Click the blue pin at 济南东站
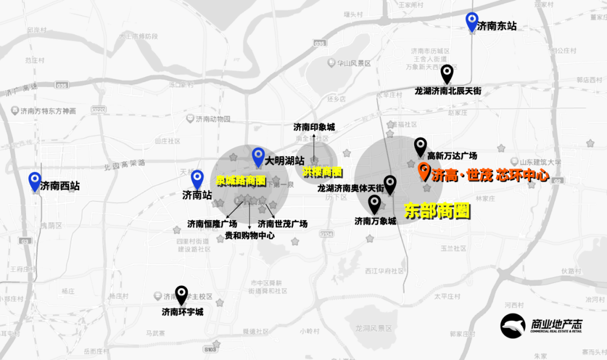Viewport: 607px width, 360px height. [x=472, y=22]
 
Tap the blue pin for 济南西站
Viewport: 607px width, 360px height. [x=35, y=181]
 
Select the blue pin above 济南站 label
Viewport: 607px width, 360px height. [x=197, y=180]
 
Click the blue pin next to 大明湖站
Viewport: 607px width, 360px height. [x=258, y=157]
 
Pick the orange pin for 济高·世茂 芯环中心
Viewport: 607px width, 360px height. [x=424, y=171]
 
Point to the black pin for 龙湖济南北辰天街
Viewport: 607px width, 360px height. [x=447, y=74]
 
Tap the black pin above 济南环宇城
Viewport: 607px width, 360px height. [x=181, y=295]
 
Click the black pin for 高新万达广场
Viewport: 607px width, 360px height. [x=420, y=147]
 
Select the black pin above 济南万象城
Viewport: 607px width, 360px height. [x=374, y=204]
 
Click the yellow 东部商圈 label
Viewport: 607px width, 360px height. [x=437, y=211]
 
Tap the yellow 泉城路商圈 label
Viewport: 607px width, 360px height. [x=241, y=181]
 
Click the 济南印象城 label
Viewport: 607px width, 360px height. [x=314, y=127]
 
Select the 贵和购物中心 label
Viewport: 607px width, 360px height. [x=250, y=235]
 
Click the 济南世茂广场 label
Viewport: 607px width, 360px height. [x=283, y=224]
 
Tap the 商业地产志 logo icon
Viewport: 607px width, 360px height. [x=513, y=326]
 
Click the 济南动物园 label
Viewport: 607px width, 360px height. [x=212, y=119]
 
